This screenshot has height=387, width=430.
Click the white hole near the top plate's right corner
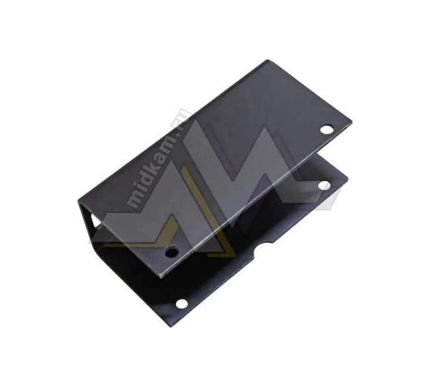pos(327,129)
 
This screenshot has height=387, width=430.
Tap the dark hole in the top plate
pos(171,251)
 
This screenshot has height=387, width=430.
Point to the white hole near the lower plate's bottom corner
pos(182,304)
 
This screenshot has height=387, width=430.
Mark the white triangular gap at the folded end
pos(95,221)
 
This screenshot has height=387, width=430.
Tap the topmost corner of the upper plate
pos(267,60)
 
